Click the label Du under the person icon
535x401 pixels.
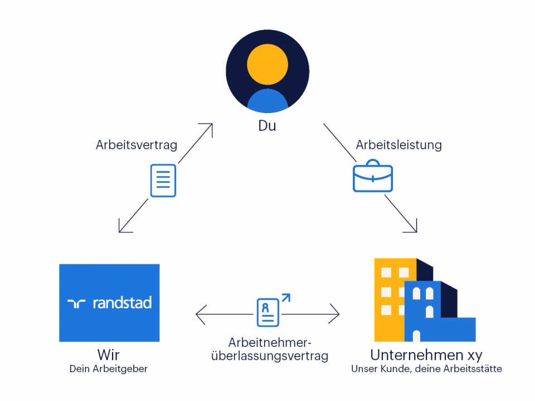267,126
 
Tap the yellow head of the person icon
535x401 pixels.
267,64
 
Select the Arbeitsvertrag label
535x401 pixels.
137,145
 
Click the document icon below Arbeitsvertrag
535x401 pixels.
163,180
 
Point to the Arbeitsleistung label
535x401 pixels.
398,145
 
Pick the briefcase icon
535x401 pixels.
373,177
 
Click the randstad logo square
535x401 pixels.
109,302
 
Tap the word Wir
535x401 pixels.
109,355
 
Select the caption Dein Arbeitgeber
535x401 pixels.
109,369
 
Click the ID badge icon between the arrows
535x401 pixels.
269,312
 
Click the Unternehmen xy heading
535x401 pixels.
426,355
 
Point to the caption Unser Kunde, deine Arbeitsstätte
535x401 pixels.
426,369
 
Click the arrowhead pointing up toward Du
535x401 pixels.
208,128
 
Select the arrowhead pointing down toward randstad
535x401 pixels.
123,228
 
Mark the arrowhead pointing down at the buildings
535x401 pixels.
412,228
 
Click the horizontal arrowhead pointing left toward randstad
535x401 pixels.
199,314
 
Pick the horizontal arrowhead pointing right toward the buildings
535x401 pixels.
335,314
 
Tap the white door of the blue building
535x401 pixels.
416,336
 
